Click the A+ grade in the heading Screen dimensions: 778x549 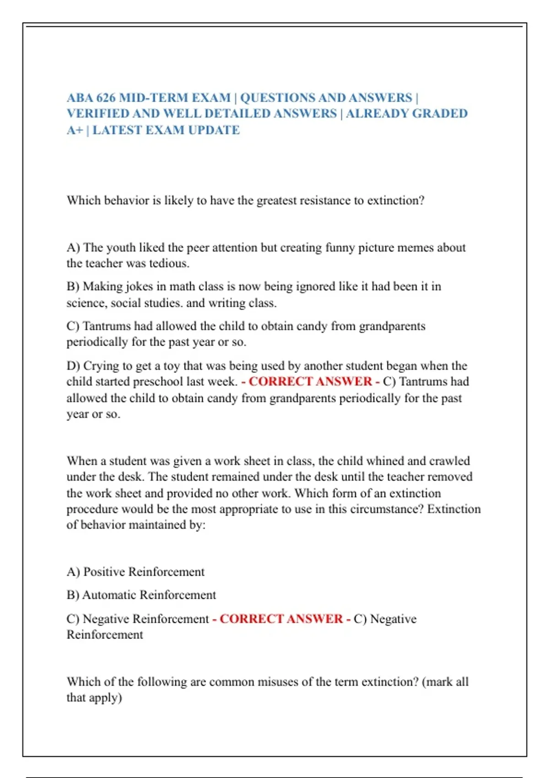tap(75, 130)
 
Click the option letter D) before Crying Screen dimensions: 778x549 tap(73, 366)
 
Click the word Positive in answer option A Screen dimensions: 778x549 tap(104, 572)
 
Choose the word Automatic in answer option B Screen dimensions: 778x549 tap(109, 595)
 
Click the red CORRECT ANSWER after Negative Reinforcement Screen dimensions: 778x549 tap(281, 619)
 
